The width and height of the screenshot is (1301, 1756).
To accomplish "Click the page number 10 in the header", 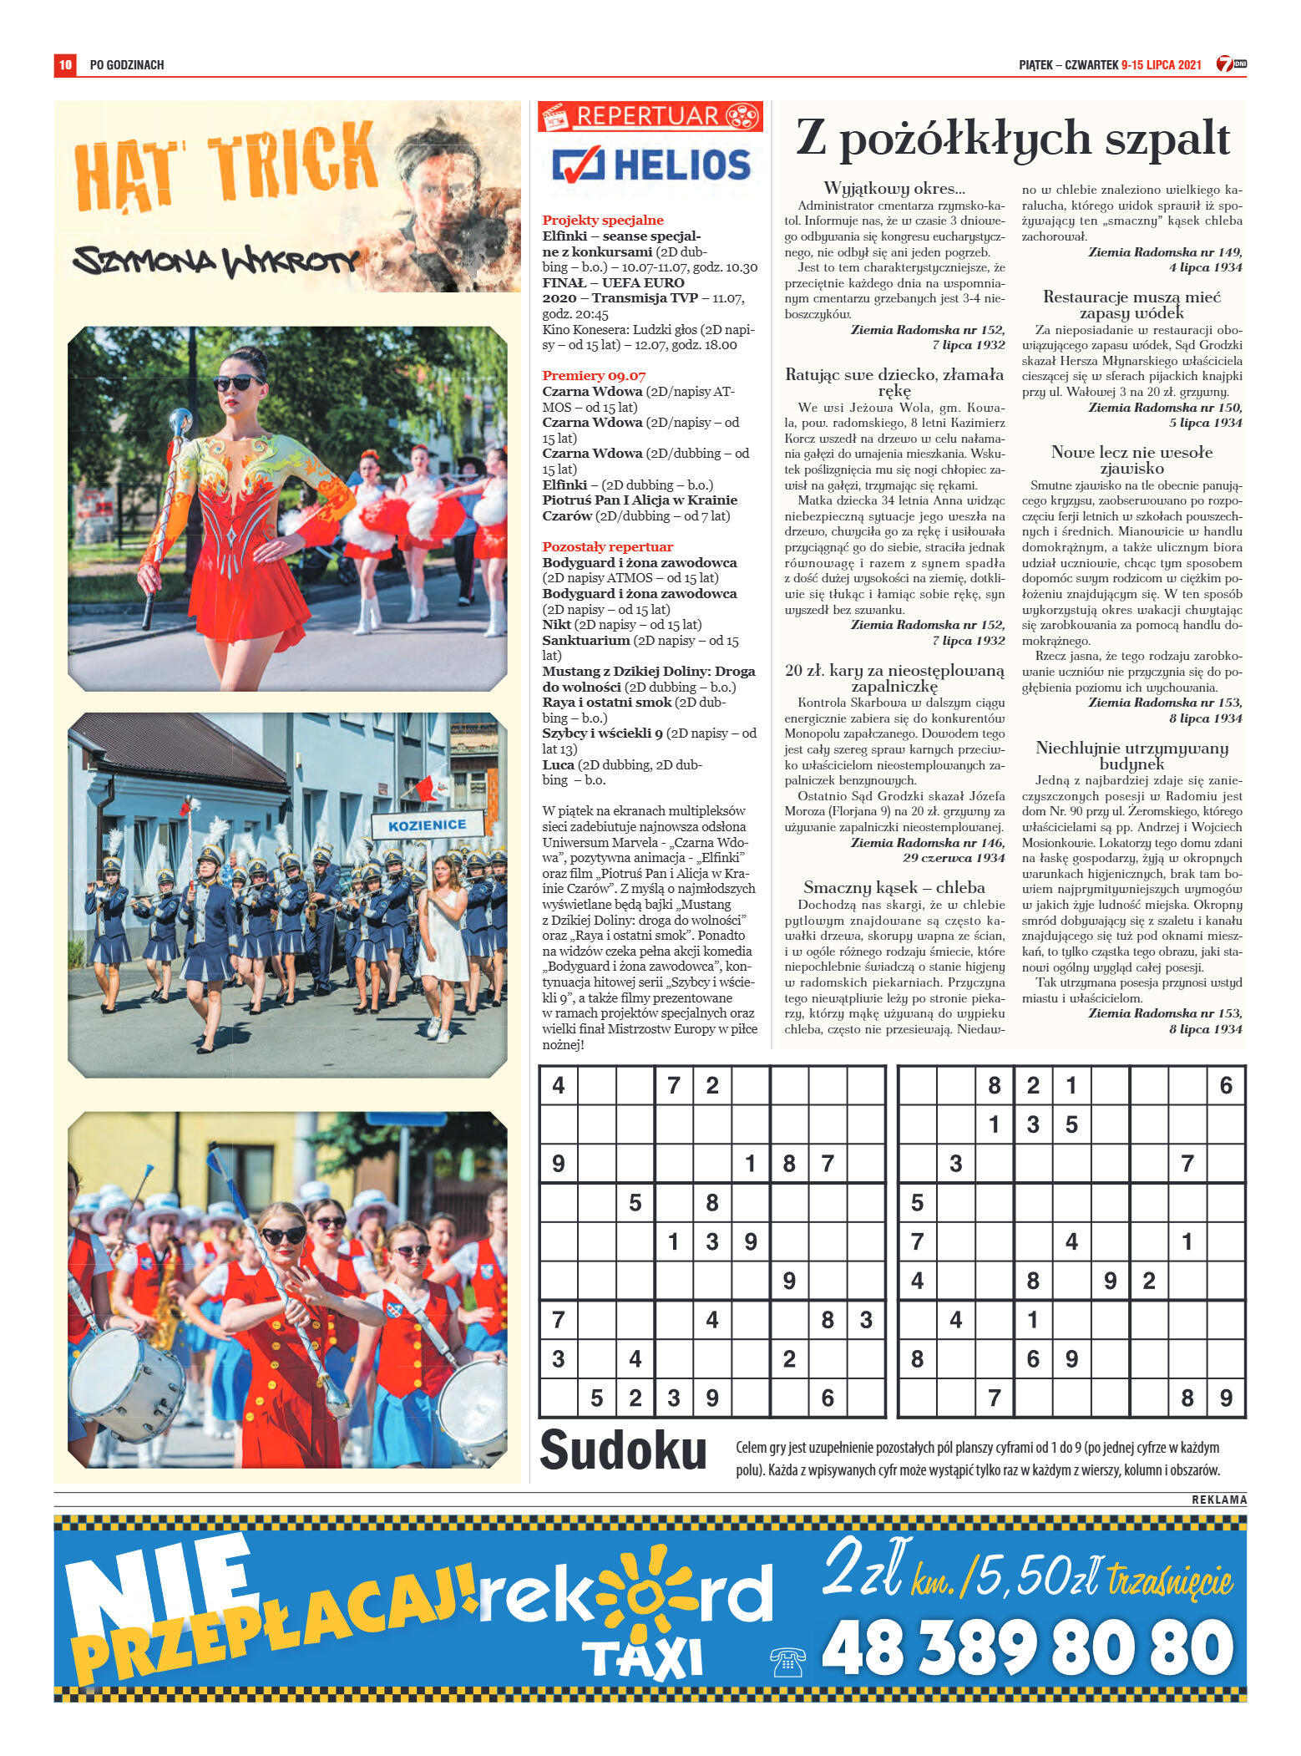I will [x=65, y=64].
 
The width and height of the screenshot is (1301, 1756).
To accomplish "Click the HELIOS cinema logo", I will [x=651, y=165].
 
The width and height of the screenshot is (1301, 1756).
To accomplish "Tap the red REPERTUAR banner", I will [x=650, y=116].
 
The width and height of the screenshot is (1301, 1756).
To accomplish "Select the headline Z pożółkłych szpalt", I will [x=1012, y=139].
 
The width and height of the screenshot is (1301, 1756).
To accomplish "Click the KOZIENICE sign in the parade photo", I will [x=427, y=825].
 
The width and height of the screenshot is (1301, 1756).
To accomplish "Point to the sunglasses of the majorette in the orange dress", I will [x=237, y=383].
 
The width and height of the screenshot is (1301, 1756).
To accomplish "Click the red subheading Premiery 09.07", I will [x=594, y=376].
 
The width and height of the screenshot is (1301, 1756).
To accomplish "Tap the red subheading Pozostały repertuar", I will [x=607, y=547].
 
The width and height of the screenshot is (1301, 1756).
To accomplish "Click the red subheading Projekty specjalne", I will [x=603, y=221].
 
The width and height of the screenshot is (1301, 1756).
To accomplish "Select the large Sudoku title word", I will [x=623, y=1450].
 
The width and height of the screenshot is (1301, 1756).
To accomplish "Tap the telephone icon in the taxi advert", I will [x=787, y=1662].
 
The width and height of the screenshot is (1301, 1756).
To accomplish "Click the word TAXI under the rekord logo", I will [x=642, y=1659].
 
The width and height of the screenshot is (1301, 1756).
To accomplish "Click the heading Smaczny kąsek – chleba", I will [x=893, y=887].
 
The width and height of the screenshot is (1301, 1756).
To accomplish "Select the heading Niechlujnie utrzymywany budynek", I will [x=1131, y=755].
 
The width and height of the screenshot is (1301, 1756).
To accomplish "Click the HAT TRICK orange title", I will [x=225, y=170].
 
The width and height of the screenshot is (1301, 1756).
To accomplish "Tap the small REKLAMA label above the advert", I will [x=1218, y=1500].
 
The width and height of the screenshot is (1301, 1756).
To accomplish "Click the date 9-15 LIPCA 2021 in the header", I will [x=1161, y=65].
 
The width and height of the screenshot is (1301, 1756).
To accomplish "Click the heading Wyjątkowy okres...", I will [x=893, y=189].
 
